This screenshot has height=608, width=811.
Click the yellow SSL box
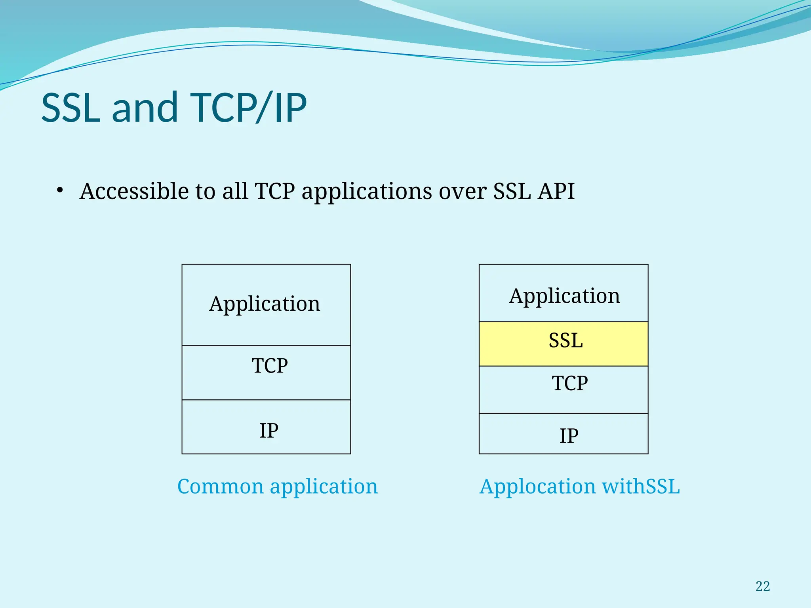pyautogui.click(x=563, y=343)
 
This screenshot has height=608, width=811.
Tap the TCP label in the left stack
pyautogui.click(x=270, y=366)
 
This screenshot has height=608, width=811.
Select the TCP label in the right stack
pyautogui.click(x=569, y=384)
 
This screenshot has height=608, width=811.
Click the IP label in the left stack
pyautogui.click(x=269, y=431)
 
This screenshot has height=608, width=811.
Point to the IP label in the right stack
pyautogui.click(x=569, y=436)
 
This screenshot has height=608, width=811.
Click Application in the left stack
pyautogui.click(x=265, y=304)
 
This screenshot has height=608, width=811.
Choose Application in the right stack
pyautogui.click(x=564, y=296)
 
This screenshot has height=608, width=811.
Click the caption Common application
pyautogui.click(x=277, y=486)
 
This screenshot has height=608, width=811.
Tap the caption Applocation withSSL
pyautogui.click(x=579, y=486)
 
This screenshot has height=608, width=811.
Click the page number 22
pyautogui.click(x=762, y=586)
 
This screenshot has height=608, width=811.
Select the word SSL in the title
pyautogui.click(x=71, y=108)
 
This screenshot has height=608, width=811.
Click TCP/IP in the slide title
pyautogui.click(x=248, y=108)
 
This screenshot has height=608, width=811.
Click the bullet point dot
pyautogui.click(x=60, y=190)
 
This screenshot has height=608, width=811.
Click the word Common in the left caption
pyautogui.click(x=220, y=486)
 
